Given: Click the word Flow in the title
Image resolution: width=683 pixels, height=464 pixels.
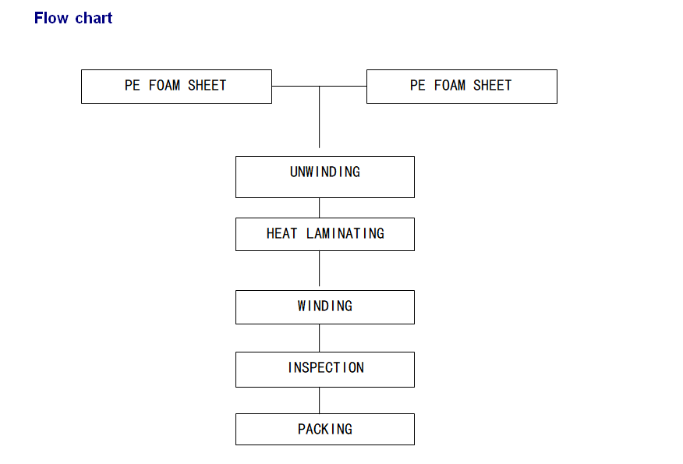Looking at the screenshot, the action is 51,18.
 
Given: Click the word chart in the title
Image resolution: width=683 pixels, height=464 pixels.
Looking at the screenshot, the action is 94,18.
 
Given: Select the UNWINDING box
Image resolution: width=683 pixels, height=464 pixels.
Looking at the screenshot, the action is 325,177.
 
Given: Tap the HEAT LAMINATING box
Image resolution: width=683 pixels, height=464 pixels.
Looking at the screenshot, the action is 325,235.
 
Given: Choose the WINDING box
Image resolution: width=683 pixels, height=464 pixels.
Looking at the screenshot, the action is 325,307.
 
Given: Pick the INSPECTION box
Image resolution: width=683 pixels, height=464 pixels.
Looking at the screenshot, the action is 325,370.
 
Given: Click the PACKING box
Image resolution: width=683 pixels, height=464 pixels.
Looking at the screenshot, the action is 325,429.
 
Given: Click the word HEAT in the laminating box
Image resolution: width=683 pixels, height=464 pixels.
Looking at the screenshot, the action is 281,233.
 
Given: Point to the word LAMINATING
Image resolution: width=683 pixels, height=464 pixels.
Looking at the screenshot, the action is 345,233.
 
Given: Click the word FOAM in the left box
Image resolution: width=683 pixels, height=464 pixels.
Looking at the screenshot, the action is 164,86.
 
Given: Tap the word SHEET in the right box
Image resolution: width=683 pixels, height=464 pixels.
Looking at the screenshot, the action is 492,86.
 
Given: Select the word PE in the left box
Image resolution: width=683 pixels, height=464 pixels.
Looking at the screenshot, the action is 132,86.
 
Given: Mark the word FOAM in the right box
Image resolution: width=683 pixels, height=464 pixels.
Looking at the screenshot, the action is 450,86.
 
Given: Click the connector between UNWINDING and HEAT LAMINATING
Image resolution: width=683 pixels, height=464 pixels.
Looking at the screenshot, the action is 320,207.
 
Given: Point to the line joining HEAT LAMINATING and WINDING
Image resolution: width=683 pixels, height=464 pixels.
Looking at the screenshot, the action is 320,268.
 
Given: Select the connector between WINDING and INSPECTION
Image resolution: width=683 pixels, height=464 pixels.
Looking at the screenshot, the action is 320,338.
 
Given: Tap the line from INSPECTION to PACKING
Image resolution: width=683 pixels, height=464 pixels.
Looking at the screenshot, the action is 320,400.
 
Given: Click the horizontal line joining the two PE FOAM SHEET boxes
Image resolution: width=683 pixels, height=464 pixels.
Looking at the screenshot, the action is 320,87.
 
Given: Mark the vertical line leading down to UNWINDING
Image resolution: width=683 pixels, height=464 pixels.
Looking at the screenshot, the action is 320,117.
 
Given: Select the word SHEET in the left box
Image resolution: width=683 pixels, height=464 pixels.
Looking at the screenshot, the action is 207,86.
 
